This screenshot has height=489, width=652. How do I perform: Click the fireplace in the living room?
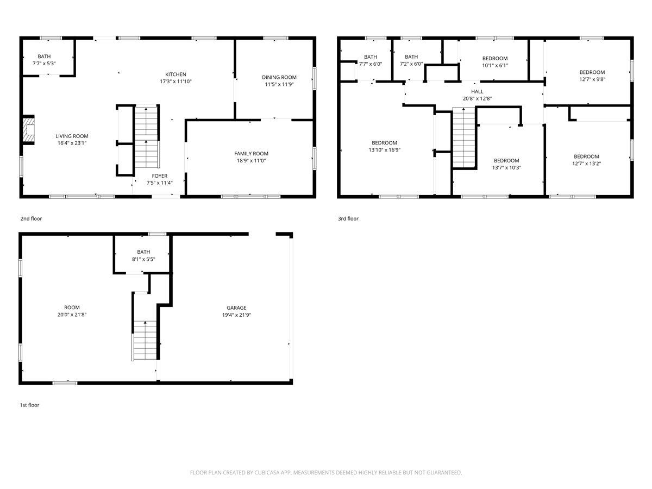pos(29,130)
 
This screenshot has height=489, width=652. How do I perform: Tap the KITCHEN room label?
pos(175,74)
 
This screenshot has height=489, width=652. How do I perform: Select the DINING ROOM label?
pos(279,77)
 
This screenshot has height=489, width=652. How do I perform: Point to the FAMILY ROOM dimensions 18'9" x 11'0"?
pos(251,161)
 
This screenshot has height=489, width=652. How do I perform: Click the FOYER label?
pos(160,175)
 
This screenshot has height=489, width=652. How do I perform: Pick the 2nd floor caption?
pos(31,218)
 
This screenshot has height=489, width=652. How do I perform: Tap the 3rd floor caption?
pos(348,218)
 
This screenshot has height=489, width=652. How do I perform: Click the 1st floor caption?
pos(29,405)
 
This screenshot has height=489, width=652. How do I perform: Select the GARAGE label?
pos(236,308)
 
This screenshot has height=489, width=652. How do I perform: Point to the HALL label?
pos(477,91)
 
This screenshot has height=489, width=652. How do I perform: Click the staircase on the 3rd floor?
pos(463,138)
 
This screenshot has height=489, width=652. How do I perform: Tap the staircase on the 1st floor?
pos(145,341)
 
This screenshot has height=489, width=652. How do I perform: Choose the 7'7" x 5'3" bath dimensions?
pos(44,63)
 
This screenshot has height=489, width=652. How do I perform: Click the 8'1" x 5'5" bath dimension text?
pos(143,259)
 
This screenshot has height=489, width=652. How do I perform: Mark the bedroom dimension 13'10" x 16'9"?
pos(384,150)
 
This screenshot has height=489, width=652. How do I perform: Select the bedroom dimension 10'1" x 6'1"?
pos(495,65)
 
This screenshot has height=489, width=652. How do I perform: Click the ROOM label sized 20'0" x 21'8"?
pos(72,308)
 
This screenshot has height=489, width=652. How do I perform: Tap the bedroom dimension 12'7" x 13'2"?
pos(586,164)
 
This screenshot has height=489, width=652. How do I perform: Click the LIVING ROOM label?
pos(72,136)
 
